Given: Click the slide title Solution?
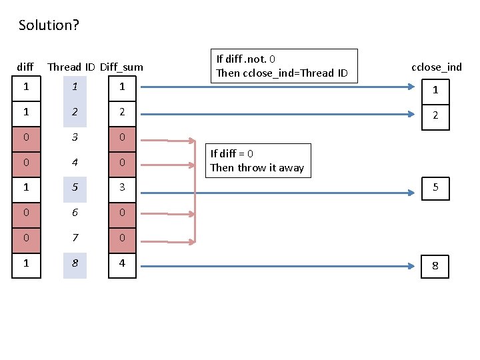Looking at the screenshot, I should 49,25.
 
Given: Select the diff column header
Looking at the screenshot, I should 25,67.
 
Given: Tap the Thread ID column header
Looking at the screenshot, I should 72,67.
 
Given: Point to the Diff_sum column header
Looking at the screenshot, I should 121,67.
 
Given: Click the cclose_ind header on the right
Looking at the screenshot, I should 436,67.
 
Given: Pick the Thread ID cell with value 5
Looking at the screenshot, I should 75,188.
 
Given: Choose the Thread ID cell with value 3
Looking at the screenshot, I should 75,137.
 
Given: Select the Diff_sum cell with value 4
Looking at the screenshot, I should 122,264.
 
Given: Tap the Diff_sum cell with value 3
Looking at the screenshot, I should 122,188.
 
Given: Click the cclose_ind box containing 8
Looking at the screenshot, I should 435,265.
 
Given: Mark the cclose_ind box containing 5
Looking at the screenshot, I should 435,188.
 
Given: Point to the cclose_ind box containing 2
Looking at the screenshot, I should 435,115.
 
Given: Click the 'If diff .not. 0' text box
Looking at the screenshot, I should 284,66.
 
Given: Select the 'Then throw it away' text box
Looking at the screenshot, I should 258,161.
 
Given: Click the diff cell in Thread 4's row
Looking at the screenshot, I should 26,163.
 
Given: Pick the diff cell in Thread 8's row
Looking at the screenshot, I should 26,264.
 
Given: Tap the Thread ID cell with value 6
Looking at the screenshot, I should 75,213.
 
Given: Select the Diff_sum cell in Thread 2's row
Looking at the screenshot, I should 122,112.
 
